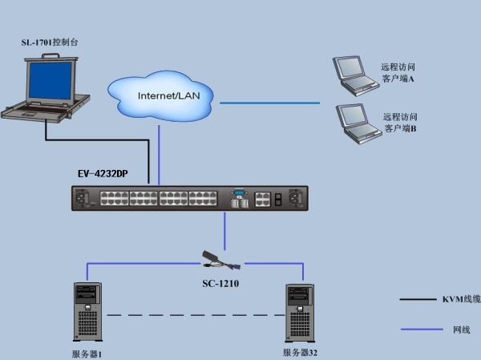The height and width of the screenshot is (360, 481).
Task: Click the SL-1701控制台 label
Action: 50,42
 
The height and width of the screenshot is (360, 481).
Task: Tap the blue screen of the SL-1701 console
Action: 51,80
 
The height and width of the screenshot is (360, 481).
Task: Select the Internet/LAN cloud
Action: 160,96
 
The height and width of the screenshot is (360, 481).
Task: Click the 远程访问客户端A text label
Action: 398,73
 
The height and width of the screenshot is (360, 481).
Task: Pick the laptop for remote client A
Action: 355,76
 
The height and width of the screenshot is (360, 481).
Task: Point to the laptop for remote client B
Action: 358,123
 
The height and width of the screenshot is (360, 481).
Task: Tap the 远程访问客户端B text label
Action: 400,123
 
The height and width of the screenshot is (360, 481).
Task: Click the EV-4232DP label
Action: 103,174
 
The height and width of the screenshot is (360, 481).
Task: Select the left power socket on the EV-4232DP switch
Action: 82,197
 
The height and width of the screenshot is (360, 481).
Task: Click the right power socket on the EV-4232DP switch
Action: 296,197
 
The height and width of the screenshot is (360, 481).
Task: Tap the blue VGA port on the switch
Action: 239,193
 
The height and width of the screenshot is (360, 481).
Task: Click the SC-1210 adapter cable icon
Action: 221,261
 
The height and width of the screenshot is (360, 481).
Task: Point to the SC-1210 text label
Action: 220,283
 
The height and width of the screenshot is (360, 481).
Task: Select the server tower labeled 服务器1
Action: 87,312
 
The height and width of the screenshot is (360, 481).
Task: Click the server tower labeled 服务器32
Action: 300,313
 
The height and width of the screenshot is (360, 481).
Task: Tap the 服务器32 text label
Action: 300,353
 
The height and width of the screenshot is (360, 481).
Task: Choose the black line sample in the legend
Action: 418,299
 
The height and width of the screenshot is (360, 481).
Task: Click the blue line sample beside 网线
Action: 422,330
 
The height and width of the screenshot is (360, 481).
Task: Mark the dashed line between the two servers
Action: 196,315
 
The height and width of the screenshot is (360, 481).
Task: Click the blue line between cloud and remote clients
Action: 269,103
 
